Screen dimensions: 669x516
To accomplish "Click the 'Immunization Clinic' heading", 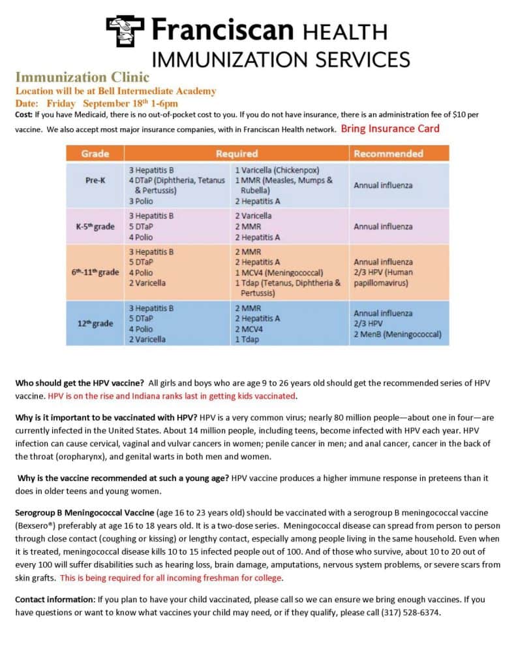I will [82, 78].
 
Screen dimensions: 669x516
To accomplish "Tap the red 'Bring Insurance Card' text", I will [390, 129].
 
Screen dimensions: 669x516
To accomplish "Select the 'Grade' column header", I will [95, 154].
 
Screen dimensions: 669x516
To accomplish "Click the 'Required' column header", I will [237, 154].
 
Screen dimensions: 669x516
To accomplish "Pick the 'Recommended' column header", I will [387, 154].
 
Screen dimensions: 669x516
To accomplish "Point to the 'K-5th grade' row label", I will [95, 227].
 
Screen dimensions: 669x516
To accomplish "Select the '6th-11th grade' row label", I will [95, 272].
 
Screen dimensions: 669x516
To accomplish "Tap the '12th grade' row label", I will [95, 323].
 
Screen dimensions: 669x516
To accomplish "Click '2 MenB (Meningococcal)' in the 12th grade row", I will [397, 334].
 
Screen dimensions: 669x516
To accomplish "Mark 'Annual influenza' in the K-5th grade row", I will [383, 227].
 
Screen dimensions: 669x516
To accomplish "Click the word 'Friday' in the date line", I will [61, 103].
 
